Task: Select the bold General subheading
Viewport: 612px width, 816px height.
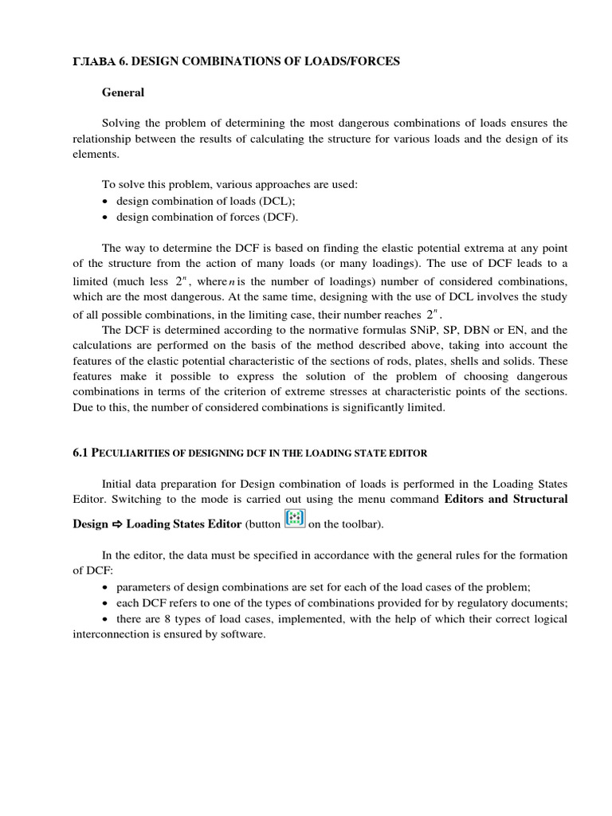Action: pyautogui.click(x=123, y=92)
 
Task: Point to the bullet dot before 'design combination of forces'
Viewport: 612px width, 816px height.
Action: pyautogui.click(x=106, y=217)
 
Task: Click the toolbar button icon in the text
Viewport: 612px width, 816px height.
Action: pyautogui.click(x=295, y=520)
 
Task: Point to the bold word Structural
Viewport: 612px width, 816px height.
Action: pyautogui.click(x=539, y=499)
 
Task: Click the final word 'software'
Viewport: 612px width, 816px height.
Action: pyautogui.click(x=244, y=634)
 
